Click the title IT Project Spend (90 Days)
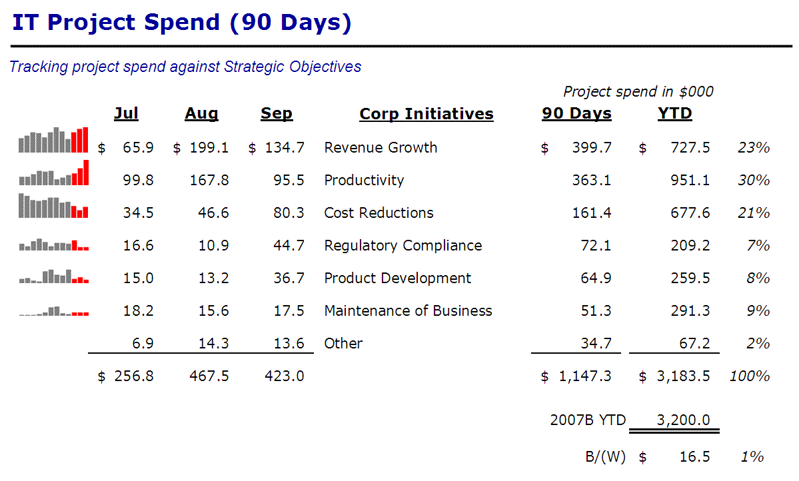coord(181,22)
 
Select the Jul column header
coord(126,113)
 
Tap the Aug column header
coord(201,113)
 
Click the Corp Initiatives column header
coord(426,113)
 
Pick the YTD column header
coord(674,113)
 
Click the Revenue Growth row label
coord(381,147)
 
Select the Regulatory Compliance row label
coord(402,245)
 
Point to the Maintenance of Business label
coord(408,310)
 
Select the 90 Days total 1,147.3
coord(585,376)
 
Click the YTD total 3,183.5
coord(684,376)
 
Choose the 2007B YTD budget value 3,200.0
coord(684,420)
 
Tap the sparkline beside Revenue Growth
coord(53,140)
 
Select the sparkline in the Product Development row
coord(53,276)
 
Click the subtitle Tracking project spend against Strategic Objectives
coord(185,67)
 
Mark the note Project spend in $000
coord(638,91)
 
